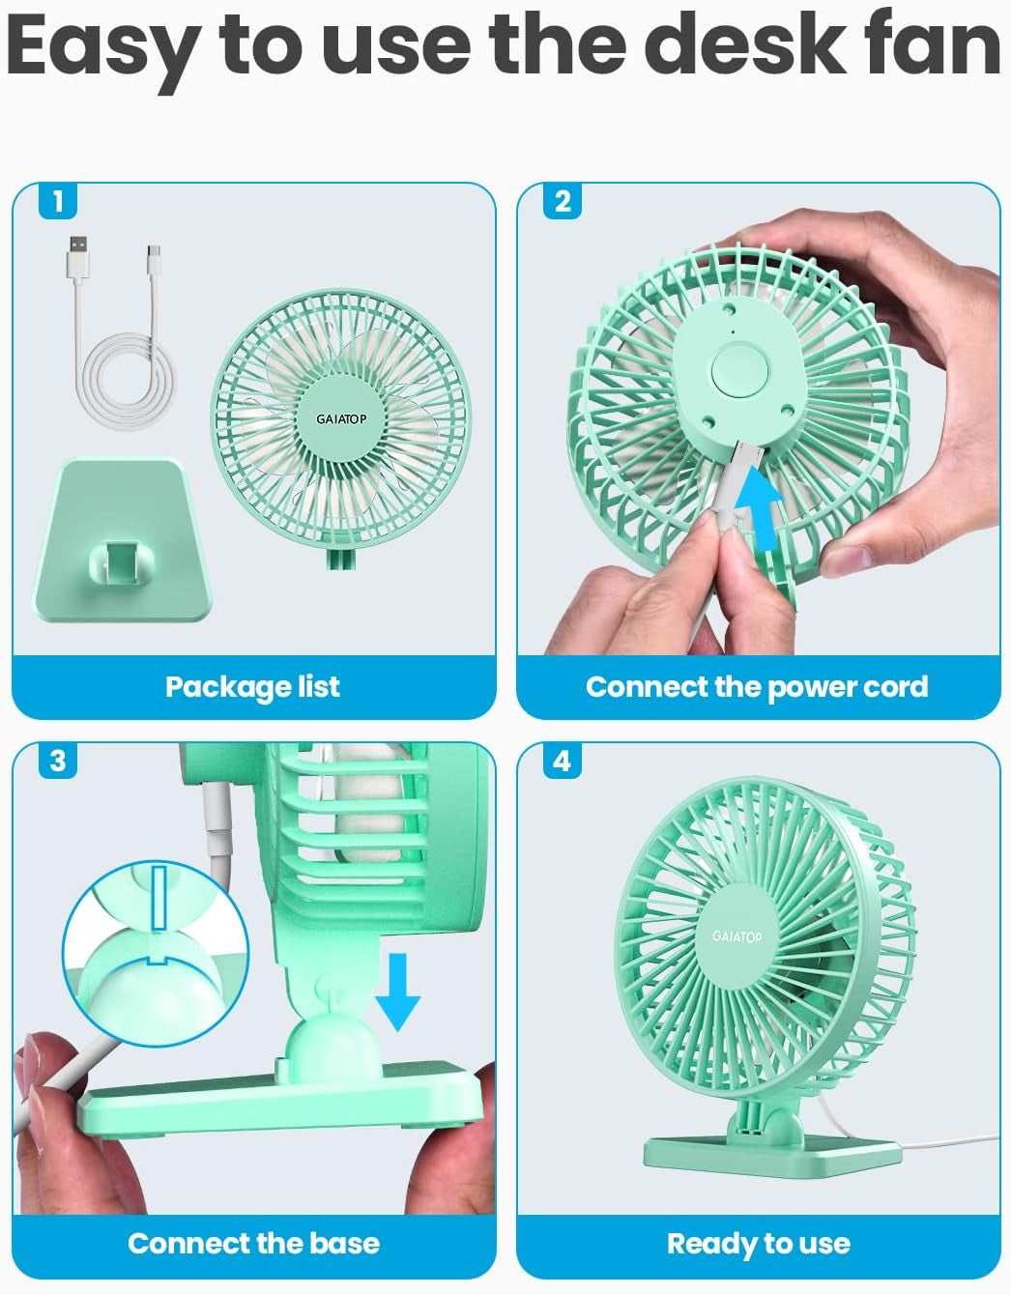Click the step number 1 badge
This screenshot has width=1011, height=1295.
point(58,201)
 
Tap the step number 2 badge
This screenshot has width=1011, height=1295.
point(563,201)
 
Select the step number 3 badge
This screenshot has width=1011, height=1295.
point(58,761)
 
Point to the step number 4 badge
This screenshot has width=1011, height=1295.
point(563,761)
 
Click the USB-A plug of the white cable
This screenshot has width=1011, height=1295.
point(78,256)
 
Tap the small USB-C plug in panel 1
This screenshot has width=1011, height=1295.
point(155,260)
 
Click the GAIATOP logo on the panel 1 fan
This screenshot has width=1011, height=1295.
point(341,419)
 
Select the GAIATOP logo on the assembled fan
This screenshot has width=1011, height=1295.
point(737,936)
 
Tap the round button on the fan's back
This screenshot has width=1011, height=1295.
point(739,370)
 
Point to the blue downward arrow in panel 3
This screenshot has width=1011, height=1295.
point(397,993)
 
